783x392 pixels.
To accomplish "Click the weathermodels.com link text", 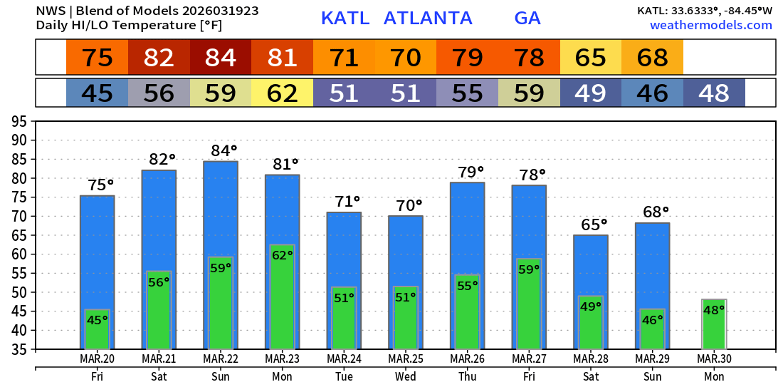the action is pos(711,25).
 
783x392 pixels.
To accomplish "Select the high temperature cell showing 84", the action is pos(221,58).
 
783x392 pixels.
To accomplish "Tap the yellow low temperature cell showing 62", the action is pos(282,93).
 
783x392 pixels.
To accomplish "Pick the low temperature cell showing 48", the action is pos(714,93).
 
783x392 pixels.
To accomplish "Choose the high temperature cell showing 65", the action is pos(591,58).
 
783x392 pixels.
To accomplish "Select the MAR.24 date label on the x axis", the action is pos(344,359).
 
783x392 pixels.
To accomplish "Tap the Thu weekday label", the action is pos(468,376).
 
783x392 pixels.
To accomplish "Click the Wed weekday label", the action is pos(406,376).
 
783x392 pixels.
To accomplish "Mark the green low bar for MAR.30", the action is pos(714,324).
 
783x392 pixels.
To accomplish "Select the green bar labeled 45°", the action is pos(97,329).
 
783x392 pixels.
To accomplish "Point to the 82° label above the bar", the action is pos(162,160).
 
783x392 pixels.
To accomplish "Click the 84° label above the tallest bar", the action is pos(224,150).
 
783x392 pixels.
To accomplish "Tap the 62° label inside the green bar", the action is pos(283,255).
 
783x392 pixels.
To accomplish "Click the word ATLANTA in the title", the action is pos(428,18).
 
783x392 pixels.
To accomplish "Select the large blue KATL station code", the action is pos(345,18).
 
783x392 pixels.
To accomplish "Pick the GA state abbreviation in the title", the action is pos(527,18).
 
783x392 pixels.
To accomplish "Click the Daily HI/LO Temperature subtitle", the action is pos(130,25).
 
